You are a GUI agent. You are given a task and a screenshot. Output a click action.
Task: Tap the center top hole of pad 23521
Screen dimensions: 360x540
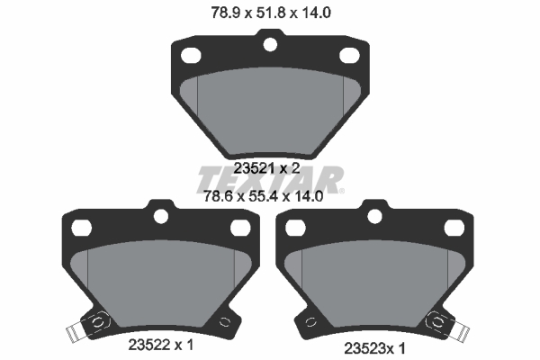(x=269, y=41)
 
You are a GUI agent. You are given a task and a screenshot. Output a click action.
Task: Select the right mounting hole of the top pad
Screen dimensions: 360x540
(x=349, y=55)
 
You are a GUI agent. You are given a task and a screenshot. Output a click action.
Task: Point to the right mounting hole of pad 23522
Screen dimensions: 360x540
(x=239, y=228)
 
